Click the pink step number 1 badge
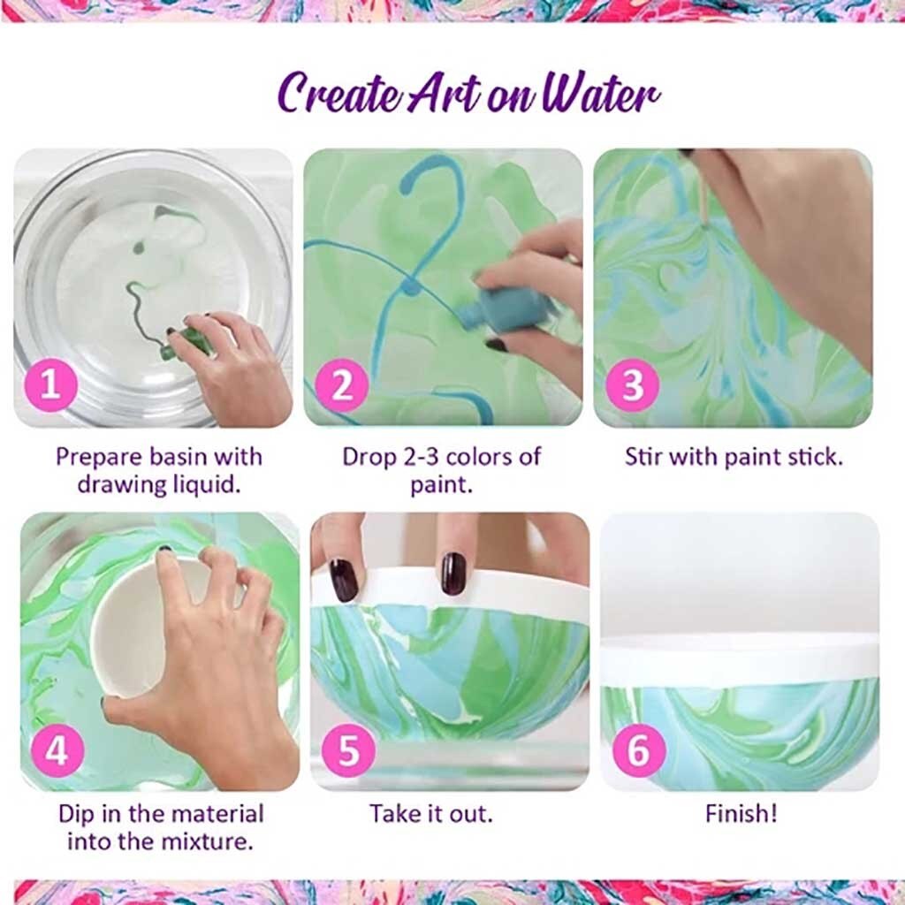point(50,386)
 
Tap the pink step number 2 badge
point(341,386)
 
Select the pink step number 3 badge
point(633,386)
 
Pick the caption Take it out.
point(431,813)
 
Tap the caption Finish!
point(741,813)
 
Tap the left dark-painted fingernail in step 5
point(344,579)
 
